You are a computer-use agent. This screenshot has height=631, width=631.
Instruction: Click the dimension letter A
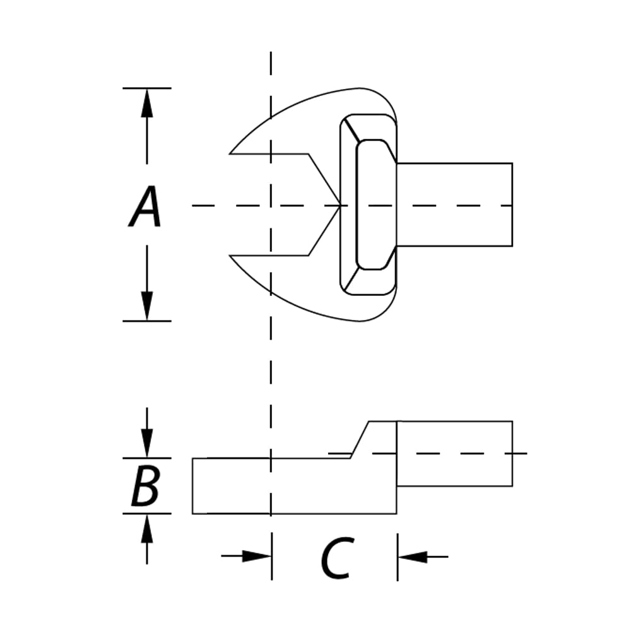click(x=145, y=207)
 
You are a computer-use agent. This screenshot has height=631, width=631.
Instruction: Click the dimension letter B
click(x=146, y=486)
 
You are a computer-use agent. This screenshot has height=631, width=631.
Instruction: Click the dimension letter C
click(x=338, y=557)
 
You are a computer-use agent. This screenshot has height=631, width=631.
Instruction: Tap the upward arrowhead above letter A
click(x=147, y=103)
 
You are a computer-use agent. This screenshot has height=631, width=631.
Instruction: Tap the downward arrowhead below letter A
click(x=147, y=306)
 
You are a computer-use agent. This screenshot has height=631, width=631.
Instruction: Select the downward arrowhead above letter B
click(x=147, y=444)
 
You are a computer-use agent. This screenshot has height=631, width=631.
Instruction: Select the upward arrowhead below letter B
click(x=147, y=529)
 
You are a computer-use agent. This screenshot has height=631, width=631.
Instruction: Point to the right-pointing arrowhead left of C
click(x=256, y=557)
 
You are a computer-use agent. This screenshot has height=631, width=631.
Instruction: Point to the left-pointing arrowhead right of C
click(x=412, y=557)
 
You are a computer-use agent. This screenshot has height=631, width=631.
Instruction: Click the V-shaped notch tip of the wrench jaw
click(x=339, y=205)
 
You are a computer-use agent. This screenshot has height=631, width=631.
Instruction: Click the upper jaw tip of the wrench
click(x=230, y=154)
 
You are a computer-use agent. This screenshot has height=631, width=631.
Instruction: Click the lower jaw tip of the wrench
click(x=230, y=256)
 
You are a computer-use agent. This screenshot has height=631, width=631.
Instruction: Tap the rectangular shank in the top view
click(x=454, y=204)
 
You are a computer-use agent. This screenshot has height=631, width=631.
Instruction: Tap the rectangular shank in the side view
click(x=455, y=454)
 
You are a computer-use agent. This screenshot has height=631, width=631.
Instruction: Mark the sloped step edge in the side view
click(x=360, y=440)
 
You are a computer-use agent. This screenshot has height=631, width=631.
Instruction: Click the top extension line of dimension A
click(x=147, y=88)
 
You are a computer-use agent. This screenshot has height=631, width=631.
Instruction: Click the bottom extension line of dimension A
click(x=147, y=321)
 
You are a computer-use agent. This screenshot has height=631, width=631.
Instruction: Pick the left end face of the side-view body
click(x=192, y=486)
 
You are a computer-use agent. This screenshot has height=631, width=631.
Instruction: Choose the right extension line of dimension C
click(x=398, y=557)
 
